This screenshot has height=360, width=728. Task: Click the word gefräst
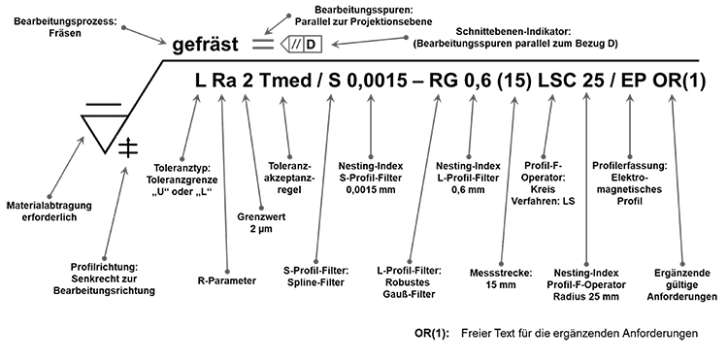206,45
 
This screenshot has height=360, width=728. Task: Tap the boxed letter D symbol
311,44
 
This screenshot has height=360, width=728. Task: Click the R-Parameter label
225,280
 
